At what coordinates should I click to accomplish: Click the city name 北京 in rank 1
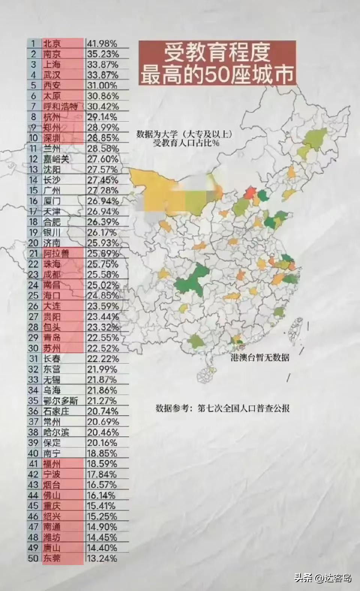[52, 44]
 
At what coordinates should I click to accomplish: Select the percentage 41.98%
[102, 44]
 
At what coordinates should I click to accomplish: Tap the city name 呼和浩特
[60, 107]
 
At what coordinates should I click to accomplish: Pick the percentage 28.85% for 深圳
[103, 138]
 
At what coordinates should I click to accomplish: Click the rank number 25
[33, 296]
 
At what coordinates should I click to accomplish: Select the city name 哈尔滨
[56, 432]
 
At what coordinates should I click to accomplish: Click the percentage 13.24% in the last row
[102, 558]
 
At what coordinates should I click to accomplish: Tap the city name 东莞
[52, 558]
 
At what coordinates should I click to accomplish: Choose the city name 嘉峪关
[56, 159]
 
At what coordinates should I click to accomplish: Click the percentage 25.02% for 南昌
[103, 285]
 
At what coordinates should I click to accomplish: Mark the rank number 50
[33, 558]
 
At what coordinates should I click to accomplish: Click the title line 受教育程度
[217, 53]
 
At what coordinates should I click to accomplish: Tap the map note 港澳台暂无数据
[260, 357]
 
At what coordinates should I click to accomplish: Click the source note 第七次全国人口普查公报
[244, 408]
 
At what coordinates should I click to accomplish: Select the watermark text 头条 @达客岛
[322, 578]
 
